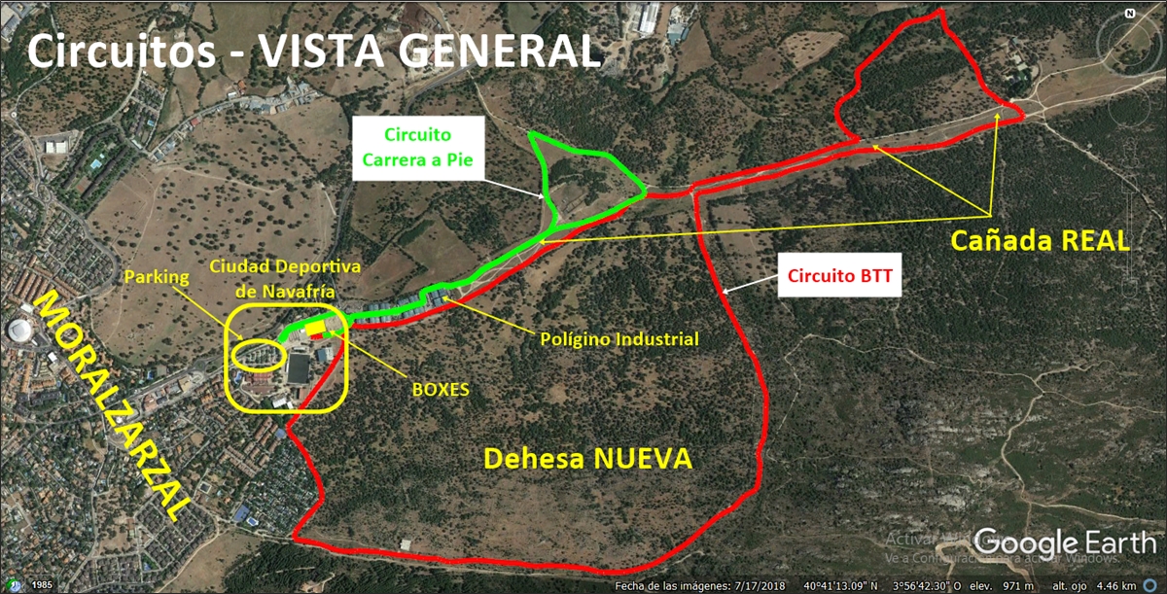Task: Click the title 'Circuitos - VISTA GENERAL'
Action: (313, 51)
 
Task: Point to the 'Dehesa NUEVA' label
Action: (587, 459)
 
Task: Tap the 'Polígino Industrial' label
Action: (619, 340)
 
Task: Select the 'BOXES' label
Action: (441, 389)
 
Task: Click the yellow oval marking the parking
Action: (259, 356)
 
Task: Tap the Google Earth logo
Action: (1064, 542)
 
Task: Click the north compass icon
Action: (1130, 15)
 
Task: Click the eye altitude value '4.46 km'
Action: (1139, 586)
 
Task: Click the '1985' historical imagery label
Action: (40, 585)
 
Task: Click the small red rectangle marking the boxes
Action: (314, 335)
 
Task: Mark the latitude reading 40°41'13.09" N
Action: (841, 586)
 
